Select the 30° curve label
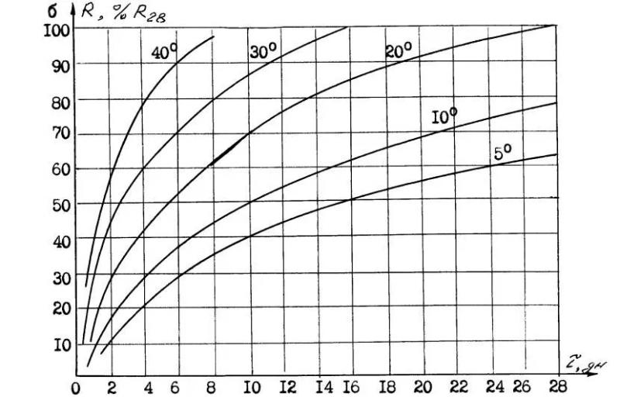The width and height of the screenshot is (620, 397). (x=263, y=52)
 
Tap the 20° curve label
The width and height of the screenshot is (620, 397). (x=398, y=52)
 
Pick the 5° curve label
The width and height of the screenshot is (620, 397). (x=503, y=154)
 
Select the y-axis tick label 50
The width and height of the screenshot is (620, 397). (x=60, y=204)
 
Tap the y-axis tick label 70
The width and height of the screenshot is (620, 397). (x=60, y=133)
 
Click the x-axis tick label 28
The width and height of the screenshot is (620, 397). (x=556, y=386)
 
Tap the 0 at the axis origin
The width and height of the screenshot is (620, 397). (x=76, y=386)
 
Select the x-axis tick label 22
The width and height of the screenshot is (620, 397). (x=458, y=386)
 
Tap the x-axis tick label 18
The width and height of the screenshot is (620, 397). (x=391, y=386)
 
